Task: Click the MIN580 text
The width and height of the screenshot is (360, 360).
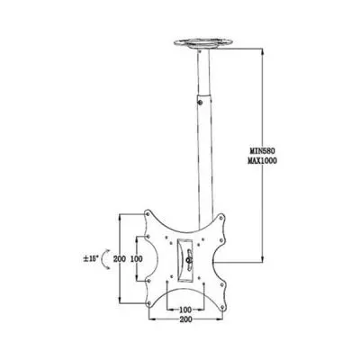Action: coord(263,150)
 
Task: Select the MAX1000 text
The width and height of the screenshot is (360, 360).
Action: coord(263,161)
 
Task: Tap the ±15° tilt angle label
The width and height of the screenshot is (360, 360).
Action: coord(91,258)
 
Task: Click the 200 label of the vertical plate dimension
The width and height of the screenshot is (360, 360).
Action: coord(120,258)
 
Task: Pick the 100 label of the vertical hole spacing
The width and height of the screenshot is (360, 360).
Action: coord(136,258)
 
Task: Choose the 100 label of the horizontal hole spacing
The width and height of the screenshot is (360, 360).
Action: coord(185,309)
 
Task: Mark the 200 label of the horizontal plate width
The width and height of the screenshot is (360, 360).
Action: coord(186,319)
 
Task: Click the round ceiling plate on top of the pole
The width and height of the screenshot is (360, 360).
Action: coord(203,43)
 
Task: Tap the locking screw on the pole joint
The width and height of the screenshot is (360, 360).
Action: coord(201,103)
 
